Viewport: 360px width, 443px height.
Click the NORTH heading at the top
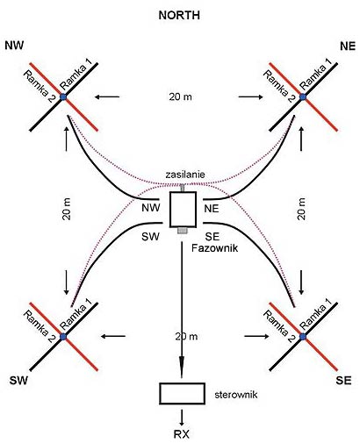point(179,16)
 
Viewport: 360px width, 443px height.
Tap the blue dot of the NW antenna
point(63,96)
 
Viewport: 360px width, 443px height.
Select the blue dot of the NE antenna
point(303,96)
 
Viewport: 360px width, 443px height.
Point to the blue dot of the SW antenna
point(63,337)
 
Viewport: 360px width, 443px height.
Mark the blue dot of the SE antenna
point(303,337)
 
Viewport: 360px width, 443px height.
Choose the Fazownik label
point(214,248)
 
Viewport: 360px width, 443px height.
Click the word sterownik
point(236,395)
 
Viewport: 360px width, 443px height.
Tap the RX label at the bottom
point(182,434)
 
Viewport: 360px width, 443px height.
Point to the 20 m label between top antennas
point(181,96)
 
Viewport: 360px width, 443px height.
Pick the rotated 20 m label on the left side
point(67,209)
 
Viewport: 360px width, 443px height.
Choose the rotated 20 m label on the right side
point(301,209)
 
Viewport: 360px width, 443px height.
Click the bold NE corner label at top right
point(348,46)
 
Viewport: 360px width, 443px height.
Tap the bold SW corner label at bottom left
point(18,381)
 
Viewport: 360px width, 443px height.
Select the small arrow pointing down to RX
point(182,418)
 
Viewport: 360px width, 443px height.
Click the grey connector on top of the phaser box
point(183,188)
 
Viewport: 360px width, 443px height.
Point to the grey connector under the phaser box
point(183,231)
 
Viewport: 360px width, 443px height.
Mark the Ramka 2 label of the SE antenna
point(278,326)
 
